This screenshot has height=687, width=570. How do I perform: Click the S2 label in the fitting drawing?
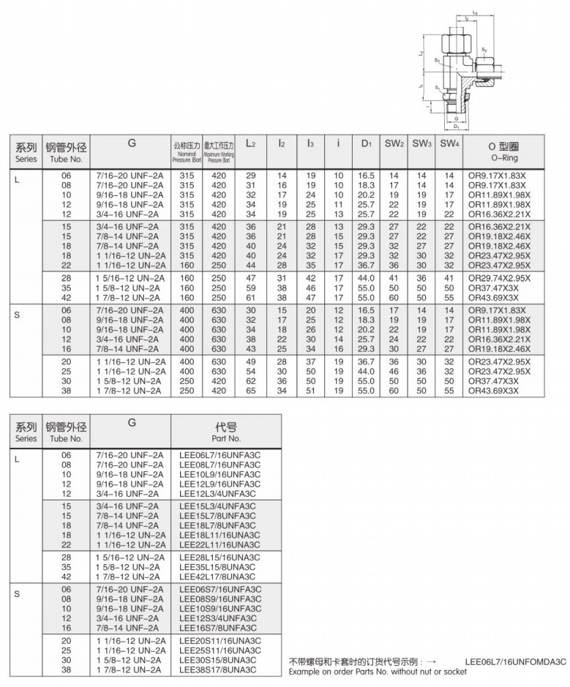(484, 50)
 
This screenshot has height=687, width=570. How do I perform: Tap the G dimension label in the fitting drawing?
(456, 116)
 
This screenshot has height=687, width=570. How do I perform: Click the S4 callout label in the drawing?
(437, 87)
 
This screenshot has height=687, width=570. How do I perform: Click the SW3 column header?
(421, 143)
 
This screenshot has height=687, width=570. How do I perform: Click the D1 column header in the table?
(367, 143)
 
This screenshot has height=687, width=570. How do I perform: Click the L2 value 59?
(250, 289)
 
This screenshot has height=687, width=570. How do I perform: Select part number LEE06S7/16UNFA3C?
(220, 590)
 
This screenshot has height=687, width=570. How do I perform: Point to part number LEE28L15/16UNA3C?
(220, 557)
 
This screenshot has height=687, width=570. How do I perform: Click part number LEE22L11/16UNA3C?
(220, 544)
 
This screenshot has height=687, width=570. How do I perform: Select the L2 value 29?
(250, 176)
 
